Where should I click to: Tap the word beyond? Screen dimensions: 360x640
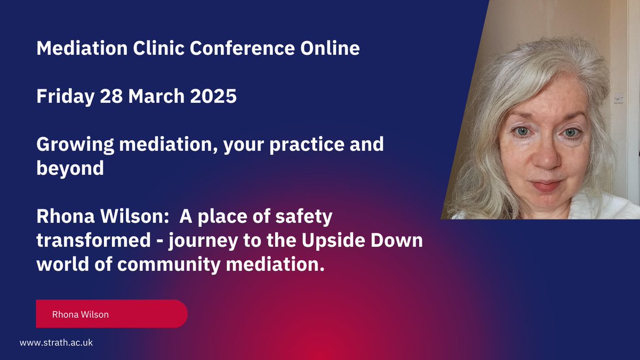(70, 169)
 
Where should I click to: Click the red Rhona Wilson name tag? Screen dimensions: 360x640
(111, 314)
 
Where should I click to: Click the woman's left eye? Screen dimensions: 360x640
(570, 132)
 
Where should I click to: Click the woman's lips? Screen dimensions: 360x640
(545, 186)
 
